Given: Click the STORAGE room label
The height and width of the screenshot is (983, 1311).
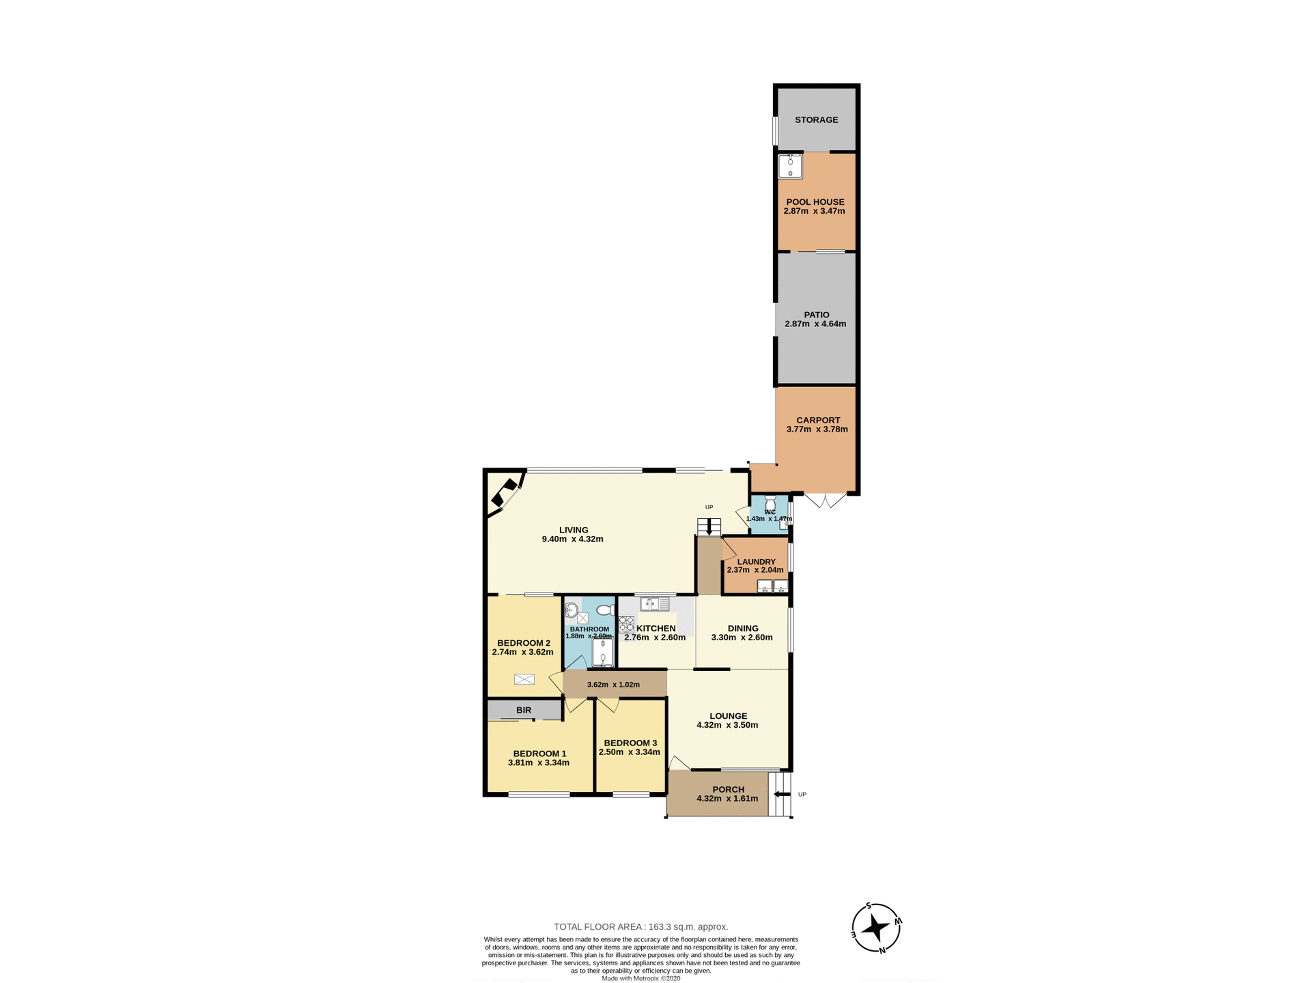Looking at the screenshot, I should pyautogui.click(x=816, y=120).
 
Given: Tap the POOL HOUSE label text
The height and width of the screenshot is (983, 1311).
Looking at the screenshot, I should pyautogui.click(x=815, y=202).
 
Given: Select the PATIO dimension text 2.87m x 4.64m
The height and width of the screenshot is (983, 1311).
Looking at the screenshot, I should pyautogui.click(x=815, y=324).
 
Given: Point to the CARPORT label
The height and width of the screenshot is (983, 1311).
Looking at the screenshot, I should pyautogui.click(x=818, y=421).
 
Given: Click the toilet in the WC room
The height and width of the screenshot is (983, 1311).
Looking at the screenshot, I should pyautogui.click(x=770, y=502).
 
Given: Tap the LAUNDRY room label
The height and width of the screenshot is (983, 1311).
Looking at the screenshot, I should pyautogui.click(x=756, y=562).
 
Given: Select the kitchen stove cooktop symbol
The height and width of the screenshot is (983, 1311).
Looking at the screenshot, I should pyautogui.click(x=626, y=624).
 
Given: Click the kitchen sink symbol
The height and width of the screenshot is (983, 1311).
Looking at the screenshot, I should pyautogui.click(x=654, y=604).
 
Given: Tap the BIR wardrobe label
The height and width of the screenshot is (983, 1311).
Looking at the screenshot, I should pyautogui.click(x=524, y=711).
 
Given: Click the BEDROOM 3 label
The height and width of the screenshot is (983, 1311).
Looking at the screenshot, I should pyautogui.click(x=630, y=743).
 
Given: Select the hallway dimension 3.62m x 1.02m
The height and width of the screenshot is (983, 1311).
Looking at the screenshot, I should pyautogui.click(x=613, y=685).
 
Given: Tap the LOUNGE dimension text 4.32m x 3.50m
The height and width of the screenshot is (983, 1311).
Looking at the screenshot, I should pyautogui.click(x=727, y=726).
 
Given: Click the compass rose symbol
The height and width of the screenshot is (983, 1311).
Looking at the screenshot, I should pyautogui.click(x=876, y=928).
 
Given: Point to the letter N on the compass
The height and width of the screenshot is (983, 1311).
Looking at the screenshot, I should pyautogui.click(x=882, y=950).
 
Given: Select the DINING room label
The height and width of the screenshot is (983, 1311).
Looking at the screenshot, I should pyautogui.click(x=743, y=629).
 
